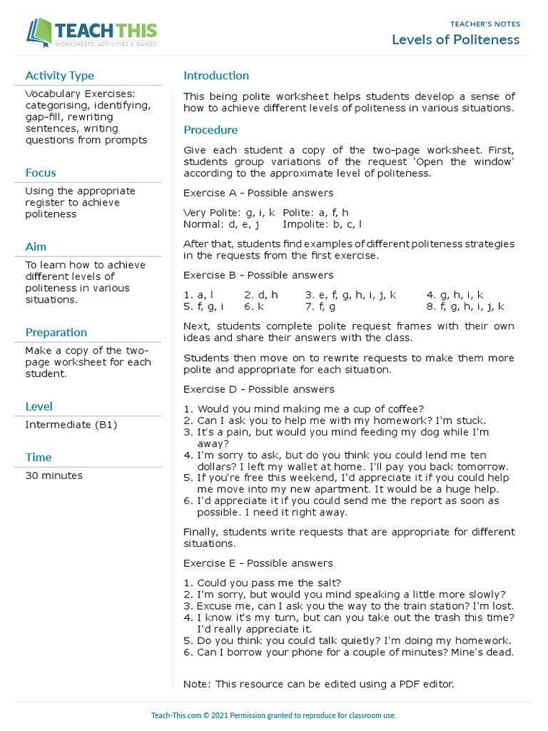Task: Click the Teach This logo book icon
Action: click(x=40, y=31)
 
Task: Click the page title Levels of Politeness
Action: click(x=455, y=39)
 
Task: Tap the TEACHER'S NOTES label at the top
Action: click(x=485, y=24)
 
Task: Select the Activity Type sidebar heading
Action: click(x=59, y=76)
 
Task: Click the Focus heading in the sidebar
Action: click(x=40, y=173)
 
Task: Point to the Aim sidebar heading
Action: click(x=36, y=247)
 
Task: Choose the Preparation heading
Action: click(x=56, y=333)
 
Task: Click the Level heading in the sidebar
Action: click(x=39, y=407)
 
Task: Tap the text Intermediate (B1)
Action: click(x=71, y=425)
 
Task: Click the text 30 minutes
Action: click(x=54, y=475)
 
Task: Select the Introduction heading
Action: click(x=216, y=76)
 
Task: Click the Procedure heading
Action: click(x=210, y=130)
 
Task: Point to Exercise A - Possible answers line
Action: click(x=258, y=193)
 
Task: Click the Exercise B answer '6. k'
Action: click(x=254, y=306)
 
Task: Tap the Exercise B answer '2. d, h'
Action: click(x=261, y=295)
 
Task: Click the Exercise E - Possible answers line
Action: click(x=258, y=563)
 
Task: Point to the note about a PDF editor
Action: click(x=318, y=684)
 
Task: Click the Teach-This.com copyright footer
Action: click(x=273, y=715)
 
